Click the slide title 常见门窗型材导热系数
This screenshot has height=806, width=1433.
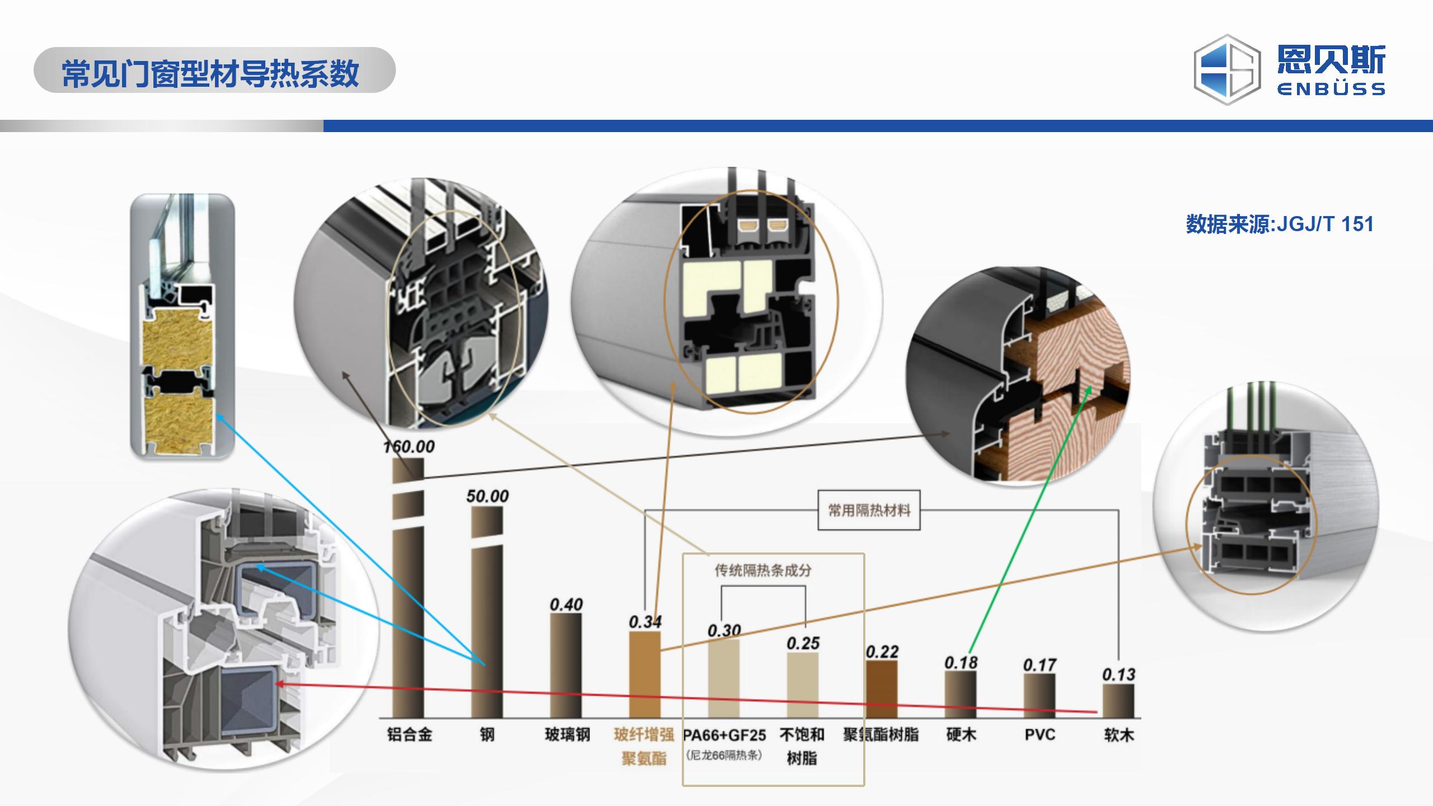point(210,73)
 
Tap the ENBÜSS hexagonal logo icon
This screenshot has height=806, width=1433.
point(1227,70)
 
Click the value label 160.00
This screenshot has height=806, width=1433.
point(409,447)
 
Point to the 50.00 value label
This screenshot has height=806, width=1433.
point(487,496)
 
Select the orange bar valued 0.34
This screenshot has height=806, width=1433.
point(644,674)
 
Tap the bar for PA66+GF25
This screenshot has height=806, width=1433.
point(723,678)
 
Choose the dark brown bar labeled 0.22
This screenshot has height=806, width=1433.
point(882,689)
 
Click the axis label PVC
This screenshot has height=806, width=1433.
point(1039,735)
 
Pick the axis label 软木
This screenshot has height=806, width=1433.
point(1118,735)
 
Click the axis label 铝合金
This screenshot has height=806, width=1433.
point(409,735)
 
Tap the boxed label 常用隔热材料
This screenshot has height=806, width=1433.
point(869,510)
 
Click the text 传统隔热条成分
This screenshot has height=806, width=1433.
point(763,570)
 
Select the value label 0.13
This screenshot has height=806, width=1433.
point(1118,674)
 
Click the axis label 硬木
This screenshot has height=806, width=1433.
point(961,735)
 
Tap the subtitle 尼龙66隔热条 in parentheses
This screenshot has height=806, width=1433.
point(723,756)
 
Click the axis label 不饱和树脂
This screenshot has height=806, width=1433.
point(802,746)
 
